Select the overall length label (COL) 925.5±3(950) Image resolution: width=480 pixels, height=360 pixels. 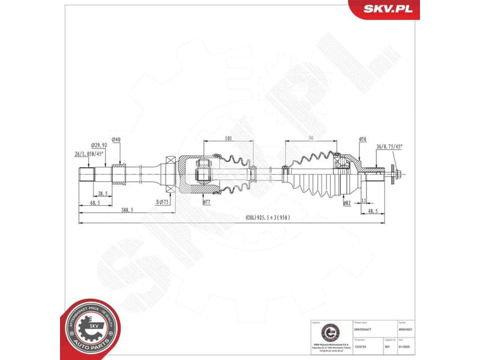(x=267, y=217)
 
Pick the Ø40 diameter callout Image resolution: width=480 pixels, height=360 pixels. (x=116, y=140)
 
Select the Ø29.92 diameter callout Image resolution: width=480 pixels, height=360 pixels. (x=99, y=146)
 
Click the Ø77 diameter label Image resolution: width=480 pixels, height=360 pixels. (x=206, y=203)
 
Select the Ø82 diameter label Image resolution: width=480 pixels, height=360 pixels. (x=347, y=203)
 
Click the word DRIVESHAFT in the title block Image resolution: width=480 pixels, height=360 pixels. (x=364, y=329)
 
